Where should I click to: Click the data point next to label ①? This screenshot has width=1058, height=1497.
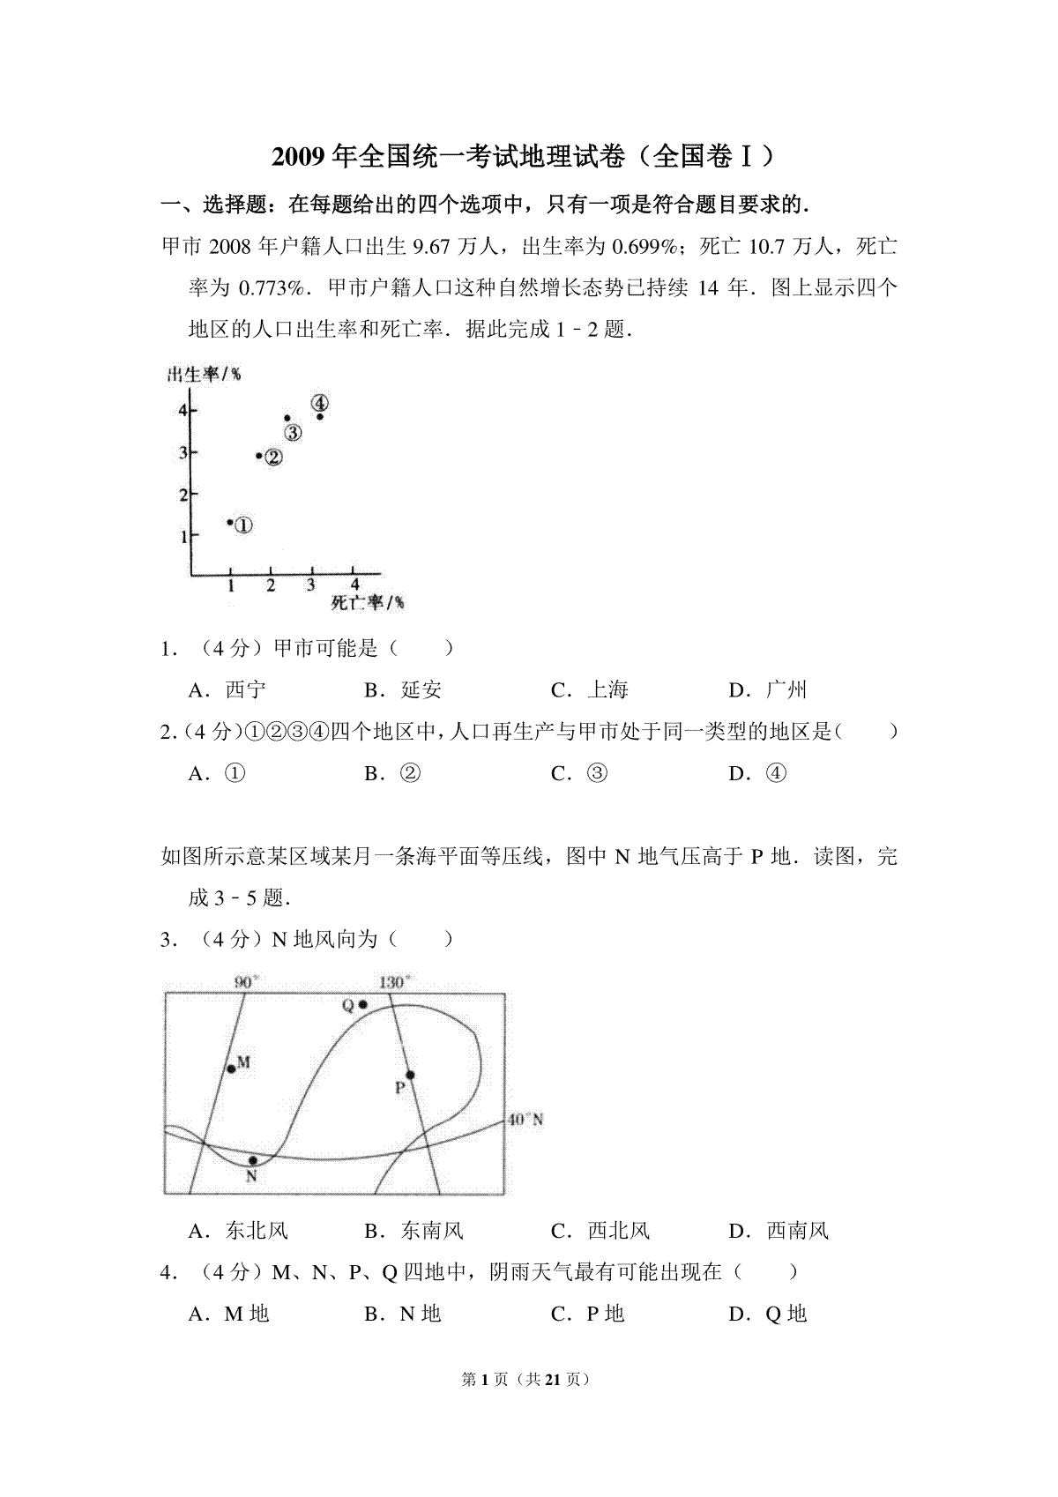click(229, 523)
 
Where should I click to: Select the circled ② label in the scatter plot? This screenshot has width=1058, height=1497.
click(274, 457)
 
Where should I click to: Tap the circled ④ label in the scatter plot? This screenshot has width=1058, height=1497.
click(320, 403)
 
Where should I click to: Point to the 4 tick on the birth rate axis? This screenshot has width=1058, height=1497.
click(183, 410)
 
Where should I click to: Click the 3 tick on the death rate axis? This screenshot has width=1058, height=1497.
click(310, 585)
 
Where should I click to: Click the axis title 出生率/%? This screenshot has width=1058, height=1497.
click(205, 376)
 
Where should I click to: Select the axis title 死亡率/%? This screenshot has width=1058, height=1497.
click(368, 603)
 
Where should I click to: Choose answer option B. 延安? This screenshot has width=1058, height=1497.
click(403, 689)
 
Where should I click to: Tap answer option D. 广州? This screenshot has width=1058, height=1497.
click(768, 689)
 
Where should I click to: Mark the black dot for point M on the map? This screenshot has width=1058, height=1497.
click(231, 1069)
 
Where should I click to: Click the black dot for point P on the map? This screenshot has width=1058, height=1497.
click(410, 1075)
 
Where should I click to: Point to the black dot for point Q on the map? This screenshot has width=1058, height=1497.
click(362, 1005)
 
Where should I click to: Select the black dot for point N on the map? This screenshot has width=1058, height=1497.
click(253, 1160)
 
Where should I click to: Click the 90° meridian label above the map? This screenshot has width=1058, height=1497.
click(246, 982)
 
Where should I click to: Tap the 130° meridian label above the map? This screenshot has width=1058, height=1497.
click(395, 982)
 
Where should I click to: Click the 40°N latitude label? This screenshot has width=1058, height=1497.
click(525, 1121)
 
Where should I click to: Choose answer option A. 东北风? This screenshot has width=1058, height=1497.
click(238, 1231)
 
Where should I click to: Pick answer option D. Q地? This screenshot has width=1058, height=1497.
click(768, 1314)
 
